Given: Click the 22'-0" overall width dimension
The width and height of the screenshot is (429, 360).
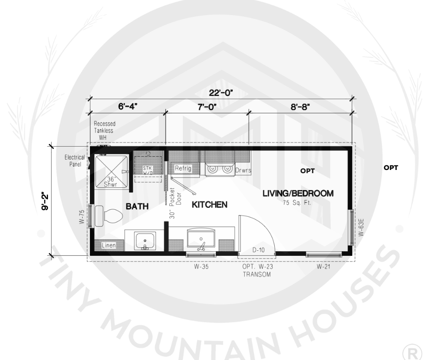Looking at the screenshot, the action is point(221,93).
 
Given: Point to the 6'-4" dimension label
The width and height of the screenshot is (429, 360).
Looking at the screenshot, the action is point(127,106).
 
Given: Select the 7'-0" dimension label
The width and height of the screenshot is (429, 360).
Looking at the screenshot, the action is point(207,106).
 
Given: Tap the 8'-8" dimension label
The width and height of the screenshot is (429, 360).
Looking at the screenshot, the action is point(300,106).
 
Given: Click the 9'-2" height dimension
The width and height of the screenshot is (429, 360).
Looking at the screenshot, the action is point(45,201).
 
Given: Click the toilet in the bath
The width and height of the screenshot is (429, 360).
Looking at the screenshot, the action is point(108,216).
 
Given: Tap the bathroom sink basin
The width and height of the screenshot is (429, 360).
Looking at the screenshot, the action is point(145,241).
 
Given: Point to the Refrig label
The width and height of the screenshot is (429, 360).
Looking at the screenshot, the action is point(183,168).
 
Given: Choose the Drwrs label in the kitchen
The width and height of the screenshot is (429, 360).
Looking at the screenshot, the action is point(243,170).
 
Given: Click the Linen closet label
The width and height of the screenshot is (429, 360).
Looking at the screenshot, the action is point(109,245).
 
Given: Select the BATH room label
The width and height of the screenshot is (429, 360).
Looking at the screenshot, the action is point(137,206).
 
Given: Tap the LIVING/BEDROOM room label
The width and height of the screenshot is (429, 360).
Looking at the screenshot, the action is point(298,193).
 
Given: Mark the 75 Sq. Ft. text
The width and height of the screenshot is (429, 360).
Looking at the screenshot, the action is point(297,203).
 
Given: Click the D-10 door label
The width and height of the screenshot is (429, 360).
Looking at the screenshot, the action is point(258,250).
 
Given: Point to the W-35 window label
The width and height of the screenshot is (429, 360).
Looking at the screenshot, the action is point(201,266).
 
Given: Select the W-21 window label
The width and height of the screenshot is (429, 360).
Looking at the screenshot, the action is point(324,266).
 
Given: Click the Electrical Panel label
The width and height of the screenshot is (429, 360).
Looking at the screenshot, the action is point(74,161).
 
